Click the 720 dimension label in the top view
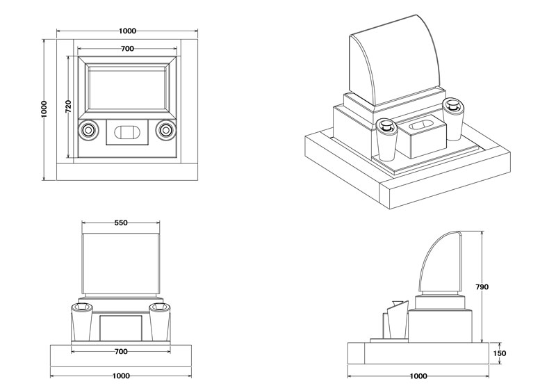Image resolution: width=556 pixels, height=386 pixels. pos(68,106)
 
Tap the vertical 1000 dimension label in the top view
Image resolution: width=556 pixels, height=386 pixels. pos(44,108)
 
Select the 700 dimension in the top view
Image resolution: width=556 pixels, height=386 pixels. pos(127,49)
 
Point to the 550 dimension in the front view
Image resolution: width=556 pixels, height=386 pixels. pos(121,223)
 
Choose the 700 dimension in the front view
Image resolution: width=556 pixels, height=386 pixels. pos(121,352)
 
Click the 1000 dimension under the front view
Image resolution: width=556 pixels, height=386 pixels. pos(121,376)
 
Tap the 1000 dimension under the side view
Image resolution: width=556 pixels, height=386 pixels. pos(417,376)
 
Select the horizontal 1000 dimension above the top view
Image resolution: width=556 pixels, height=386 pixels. pos(127,31)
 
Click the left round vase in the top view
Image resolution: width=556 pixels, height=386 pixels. pos(89,130)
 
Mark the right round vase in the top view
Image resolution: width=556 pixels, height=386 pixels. pos(165,130)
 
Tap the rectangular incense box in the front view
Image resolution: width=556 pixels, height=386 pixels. pos(121,328)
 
